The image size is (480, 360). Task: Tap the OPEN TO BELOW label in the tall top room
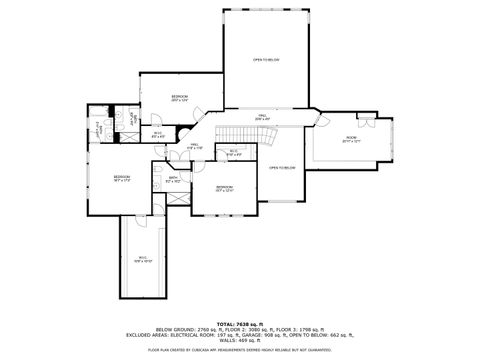pyautogui.click(x=266, y=60)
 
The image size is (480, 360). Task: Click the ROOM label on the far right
pyautogui.click(x=351, y=138)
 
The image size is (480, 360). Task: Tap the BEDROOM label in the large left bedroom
pyautogui.click(x=122, y=179)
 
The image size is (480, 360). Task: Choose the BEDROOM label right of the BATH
pyautogui.click(x=225, y=188)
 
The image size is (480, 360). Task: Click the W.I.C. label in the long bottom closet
pyautogui.click(x=143, y=258)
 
